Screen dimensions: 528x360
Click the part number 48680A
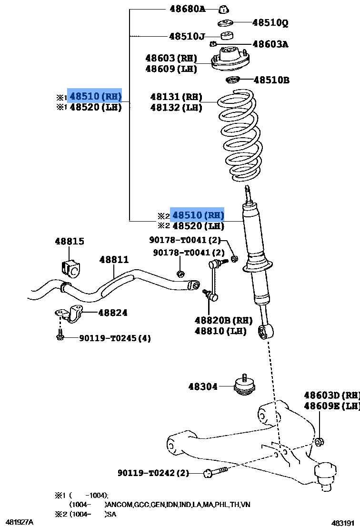click(187, 9)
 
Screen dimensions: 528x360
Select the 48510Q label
click(270, 22)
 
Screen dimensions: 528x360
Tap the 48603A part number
click(270, 44)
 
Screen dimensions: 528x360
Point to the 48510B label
click(271, 80)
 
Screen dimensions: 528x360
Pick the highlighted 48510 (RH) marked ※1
click(95, 97)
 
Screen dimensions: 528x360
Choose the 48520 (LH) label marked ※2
click(198, 226)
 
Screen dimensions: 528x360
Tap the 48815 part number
click(70, 241)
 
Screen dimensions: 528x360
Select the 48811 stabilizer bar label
click(114, 260)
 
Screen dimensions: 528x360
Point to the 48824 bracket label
click(113, 313)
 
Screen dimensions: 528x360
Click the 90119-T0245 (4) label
click(115, 338)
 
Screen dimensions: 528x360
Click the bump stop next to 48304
click(244, 385)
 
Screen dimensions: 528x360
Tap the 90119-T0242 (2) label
click(153, 473)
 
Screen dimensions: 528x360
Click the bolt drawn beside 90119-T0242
click(215, 472)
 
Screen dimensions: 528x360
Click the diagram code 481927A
click(20, 522)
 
